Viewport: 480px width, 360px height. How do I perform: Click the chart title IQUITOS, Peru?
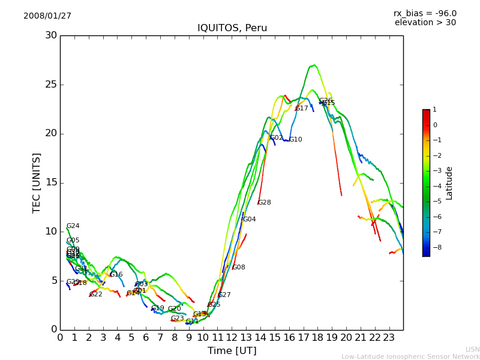[232, 28]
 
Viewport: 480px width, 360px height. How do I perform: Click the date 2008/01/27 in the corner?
[47, 16]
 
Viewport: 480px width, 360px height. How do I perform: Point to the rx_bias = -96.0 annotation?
[425, 13]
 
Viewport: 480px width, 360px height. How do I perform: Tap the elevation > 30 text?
[425, 23]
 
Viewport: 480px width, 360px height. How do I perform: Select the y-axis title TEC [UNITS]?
[37, 182]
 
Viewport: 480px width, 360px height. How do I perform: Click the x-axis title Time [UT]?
[232, 351]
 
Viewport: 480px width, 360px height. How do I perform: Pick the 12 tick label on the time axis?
[232, 337]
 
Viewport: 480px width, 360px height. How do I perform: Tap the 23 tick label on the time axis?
[389, 337]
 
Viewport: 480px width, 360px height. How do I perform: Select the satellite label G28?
[264, 203]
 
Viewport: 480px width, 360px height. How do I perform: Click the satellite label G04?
[249, 220]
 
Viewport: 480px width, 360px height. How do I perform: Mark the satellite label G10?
[296, 140]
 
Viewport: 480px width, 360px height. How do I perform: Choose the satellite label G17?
[301, 109]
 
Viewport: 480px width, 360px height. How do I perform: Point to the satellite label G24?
[73, 226]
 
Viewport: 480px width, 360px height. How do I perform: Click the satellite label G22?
[96, 295]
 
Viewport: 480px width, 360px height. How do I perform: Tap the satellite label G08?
[238, 268]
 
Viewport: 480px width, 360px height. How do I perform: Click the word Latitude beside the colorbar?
[449, 183]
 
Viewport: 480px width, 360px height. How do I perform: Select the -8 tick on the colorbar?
[434, 247]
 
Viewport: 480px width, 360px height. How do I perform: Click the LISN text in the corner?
[472, 349]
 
